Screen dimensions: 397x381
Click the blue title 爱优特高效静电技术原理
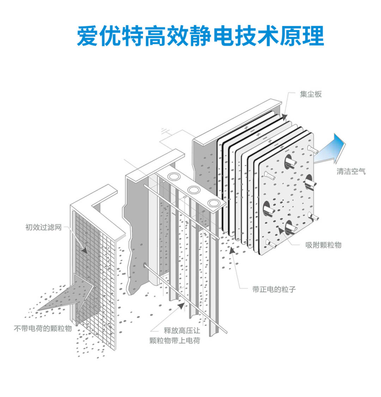click(x=200, y=36)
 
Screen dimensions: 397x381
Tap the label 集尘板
click(x=311, y=94)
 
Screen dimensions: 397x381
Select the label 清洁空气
click(x=351, y=172)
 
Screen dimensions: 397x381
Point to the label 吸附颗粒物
click(x=323, y=245)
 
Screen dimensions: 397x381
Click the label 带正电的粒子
click(x=274, y=290)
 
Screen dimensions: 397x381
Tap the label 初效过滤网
click(x=43, y=227)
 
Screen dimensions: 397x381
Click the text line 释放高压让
click(x=182, y=330)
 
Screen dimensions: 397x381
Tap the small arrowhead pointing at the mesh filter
click(x=84, y=249)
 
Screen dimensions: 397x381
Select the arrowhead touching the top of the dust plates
click(x=284, y=117)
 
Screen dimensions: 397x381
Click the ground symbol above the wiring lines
click(x=164, y=131)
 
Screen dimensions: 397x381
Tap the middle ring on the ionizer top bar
click(x=194, y=190)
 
